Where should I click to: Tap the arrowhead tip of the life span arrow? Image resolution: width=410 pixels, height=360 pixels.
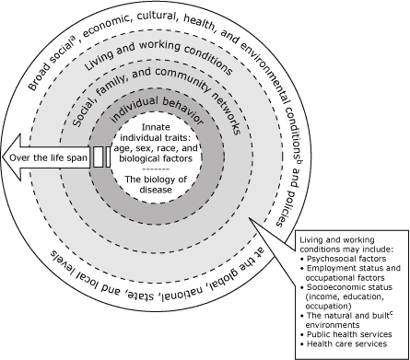point(4,157)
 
